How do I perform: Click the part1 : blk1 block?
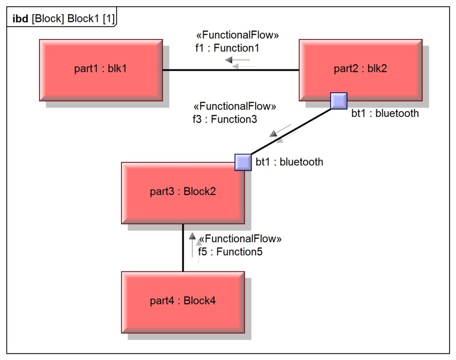click(x=101, y=70)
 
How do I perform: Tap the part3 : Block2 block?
click(x=183, y=192)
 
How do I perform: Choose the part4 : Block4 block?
click(x=183, y=301)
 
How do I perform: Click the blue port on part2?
click(x=338, y=101)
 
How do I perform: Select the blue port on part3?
click(x=243, y=162)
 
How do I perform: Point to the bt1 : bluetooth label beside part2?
click(x=385, y=113)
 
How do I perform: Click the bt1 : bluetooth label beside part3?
click(x=289, y=162)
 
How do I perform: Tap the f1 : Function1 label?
click(x=227, y=48)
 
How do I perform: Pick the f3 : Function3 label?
click(x=224, y=119)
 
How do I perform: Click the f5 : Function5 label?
click(x=230, y=252)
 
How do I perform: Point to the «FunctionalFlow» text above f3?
click(x=235, y=107)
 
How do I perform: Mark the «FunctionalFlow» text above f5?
click(x=240, y=239)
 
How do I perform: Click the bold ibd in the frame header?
click(x=20, y=19)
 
